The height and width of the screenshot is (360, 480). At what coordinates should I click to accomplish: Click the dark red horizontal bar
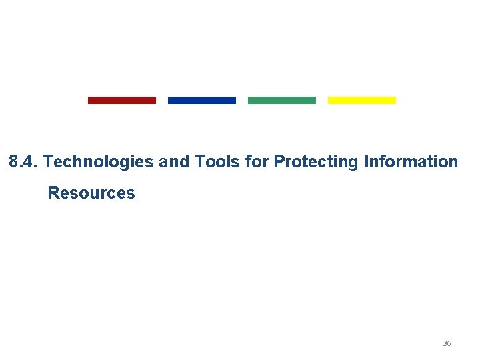pos(122,100)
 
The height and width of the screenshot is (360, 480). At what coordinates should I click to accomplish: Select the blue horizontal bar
pos(202,100)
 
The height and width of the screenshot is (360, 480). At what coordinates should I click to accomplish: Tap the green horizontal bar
pos(282,100)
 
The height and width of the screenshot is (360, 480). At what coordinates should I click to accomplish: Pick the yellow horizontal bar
pos(362,100)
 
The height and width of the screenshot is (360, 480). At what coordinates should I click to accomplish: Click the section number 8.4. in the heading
pos(23,162)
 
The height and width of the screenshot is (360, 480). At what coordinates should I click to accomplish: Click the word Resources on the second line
pos(91,193)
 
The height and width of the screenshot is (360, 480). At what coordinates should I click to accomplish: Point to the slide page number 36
pos(447,343)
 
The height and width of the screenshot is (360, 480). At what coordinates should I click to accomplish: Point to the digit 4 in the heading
pos(29,162)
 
